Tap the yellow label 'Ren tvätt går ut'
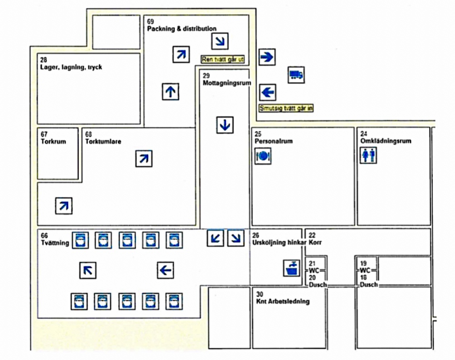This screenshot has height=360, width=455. point(223,59)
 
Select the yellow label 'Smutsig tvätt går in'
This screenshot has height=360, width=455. point(286,108)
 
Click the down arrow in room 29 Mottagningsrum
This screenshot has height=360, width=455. point(225,125)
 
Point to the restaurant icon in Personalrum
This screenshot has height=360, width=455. point(263,156)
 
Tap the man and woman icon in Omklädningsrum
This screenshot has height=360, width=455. point(368,156)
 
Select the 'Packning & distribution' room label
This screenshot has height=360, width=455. point(182,29)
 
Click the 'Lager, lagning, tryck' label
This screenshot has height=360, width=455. point(71,67)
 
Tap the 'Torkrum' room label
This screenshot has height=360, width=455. point(53,141)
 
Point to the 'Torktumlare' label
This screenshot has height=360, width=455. point(103,141)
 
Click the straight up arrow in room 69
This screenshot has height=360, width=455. point(171,92)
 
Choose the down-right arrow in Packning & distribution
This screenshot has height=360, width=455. point(220,42)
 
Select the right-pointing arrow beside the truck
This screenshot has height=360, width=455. point(267,57)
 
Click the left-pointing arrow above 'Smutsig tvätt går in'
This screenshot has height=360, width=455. point(268,93)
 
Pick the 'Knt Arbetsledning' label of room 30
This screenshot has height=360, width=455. point(283,301)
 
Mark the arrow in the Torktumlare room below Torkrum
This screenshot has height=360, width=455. point(64,206)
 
